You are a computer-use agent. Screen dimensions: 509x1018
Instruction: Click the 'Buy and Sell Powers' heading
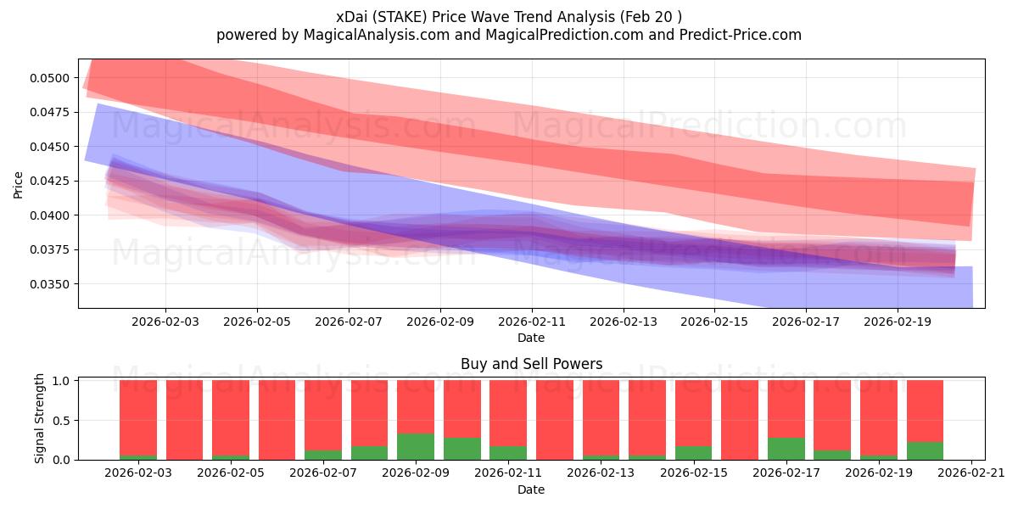click(531, 364)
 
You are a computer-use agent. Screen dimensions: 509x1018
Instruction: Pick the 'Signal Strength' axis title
click(40, 420)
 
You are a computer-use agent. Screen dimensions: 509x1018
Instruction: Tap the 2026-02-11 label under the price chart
click(532, 322)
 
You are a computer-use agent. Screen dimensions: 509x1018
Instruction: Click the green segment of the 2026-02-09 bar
click(416, 447)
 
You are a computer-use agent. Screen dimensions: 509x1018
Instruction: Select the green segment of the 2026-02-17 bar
click(786, 449)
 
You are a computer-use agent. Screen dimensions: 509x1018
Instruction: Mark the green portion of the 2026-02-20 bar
click(925, 451)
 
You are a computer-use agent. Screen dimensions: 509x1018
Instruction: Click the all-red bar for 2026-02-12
click(555, 420)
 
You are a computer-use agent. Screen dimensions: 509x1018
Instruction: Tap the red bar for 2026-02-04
click(184, 420)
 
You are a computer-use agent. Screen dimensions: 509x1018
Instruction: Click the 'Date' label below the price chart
click(531, 338)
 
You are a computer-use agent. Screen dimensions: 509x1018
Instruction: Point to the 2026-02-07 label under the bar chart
click(323, 473)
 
